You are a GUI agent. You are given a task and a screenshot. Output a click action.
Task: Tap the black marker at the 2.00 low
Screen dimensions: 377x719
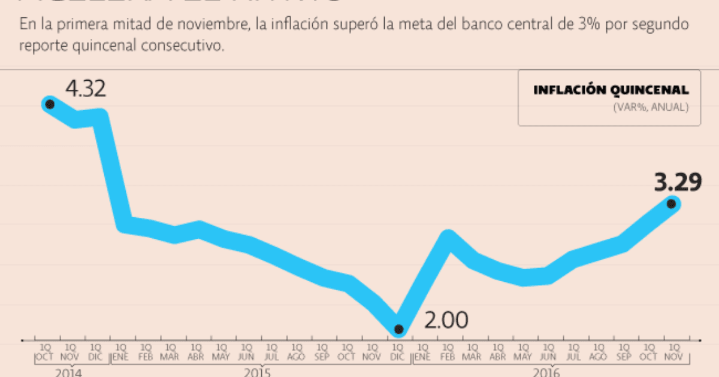pos(398,329)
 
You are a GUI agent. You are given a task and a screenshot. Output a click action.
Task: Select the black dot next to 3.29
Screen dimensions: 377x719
pos(672,204)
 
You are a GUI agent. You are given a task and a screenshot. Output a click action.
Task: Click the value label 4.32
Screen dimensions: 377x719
pos(86,89)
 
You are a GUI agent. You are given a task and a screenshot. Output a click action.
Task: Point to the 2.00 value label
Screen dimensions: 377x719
pos(446,321)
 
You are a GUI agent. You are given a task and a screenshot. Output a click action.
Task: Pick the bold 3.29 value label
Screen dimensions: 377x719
pos(678,183)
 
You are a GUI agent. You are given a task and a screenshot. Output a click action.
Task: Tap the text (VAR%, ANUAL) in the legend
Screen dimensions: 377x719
pos(651,108)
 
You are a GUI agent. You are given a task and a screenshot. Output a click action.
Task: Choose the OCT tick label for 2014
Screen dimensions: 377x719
pos(45,357)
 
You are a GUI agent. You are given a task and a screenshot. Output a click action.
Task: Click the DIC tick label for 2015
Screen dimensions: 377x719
pos(397,357)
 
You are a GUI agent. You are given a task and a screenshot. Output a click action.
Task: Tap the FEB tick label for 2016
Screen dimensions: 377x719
pos(448,357)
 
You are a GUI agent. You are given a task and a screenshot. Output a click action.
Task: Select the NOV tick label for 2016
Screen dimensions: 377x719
pos(674,357)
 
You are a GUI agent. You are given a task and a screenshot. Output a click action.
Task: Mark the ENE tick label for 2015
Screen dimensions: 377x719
pos(120,357)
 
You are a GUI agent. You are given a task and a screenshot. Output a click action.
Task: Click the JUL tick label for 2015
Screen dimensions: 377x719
pos(271,357)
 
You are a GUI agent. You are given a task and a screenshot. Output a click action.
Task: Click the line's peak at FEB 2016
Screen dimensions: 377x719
pos(448,235)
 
